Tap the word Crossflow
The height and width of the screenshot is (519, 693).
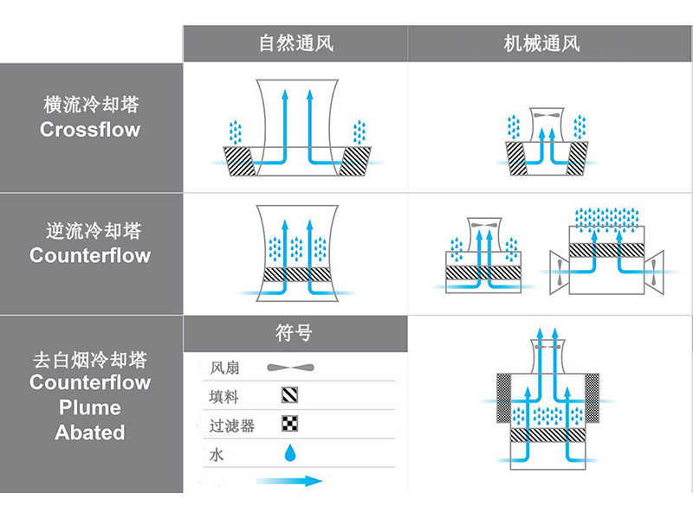(x=90, y=131)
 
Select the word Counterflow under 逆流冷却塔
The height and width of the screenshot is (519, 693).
(x=90, y=256)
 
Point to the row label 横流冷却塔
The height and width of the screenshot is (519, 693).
(x=91, y=106)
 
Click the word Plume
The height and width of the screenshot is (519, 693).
(x=90, y=407)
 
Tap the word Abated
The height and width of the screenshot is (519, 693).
(x=90, y=432)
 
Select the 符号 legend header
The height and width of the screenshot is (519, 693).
(x=295, y=333)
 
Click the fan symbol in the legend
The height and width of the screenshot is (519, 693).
(x=291, y=368)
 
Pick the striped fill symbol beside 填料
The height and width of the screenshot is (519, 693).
(x=290, y=396)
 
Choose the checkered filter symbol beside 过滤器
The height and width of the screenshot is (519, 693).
(x=290, y=424)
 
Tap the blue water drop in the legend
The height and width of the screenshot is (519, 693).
(x=290, y=452)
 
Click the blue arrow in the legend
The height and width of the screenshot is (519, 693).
(x=289, y=480)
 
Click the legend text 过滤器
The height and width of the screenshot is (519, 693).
(x=230, y=425)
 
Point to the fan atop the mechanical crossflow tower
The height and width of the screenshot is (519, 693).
(x=543, y=115)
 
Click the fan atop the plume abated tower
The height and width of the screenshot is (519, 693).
(x=545, y=347)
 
